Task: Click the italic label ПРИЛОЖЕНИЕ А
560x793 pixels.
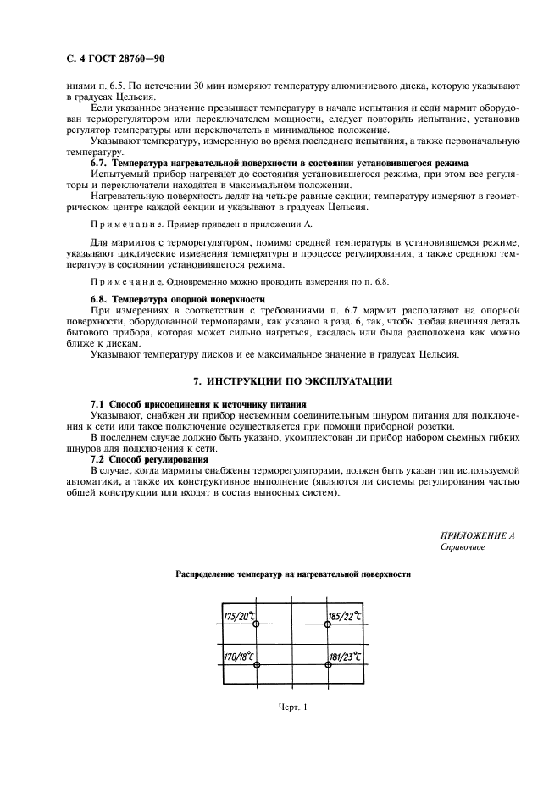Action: (477, 536)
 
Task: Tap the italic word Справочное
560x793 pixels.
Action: (463, 547)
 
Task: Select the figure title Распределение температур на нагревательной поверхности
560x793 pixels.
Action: (292, 574)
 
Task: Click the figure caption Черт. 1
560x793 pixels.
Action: (292, 707)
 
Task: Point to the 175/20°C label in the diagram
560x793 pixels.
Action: (239, 616)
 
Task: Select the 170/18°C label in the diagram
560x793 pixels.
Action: (239, 657)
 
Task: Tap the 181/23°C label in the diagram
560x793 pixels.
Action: (344, 657)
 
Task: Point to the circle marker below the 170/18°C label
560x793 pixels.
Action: (257, 666)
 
